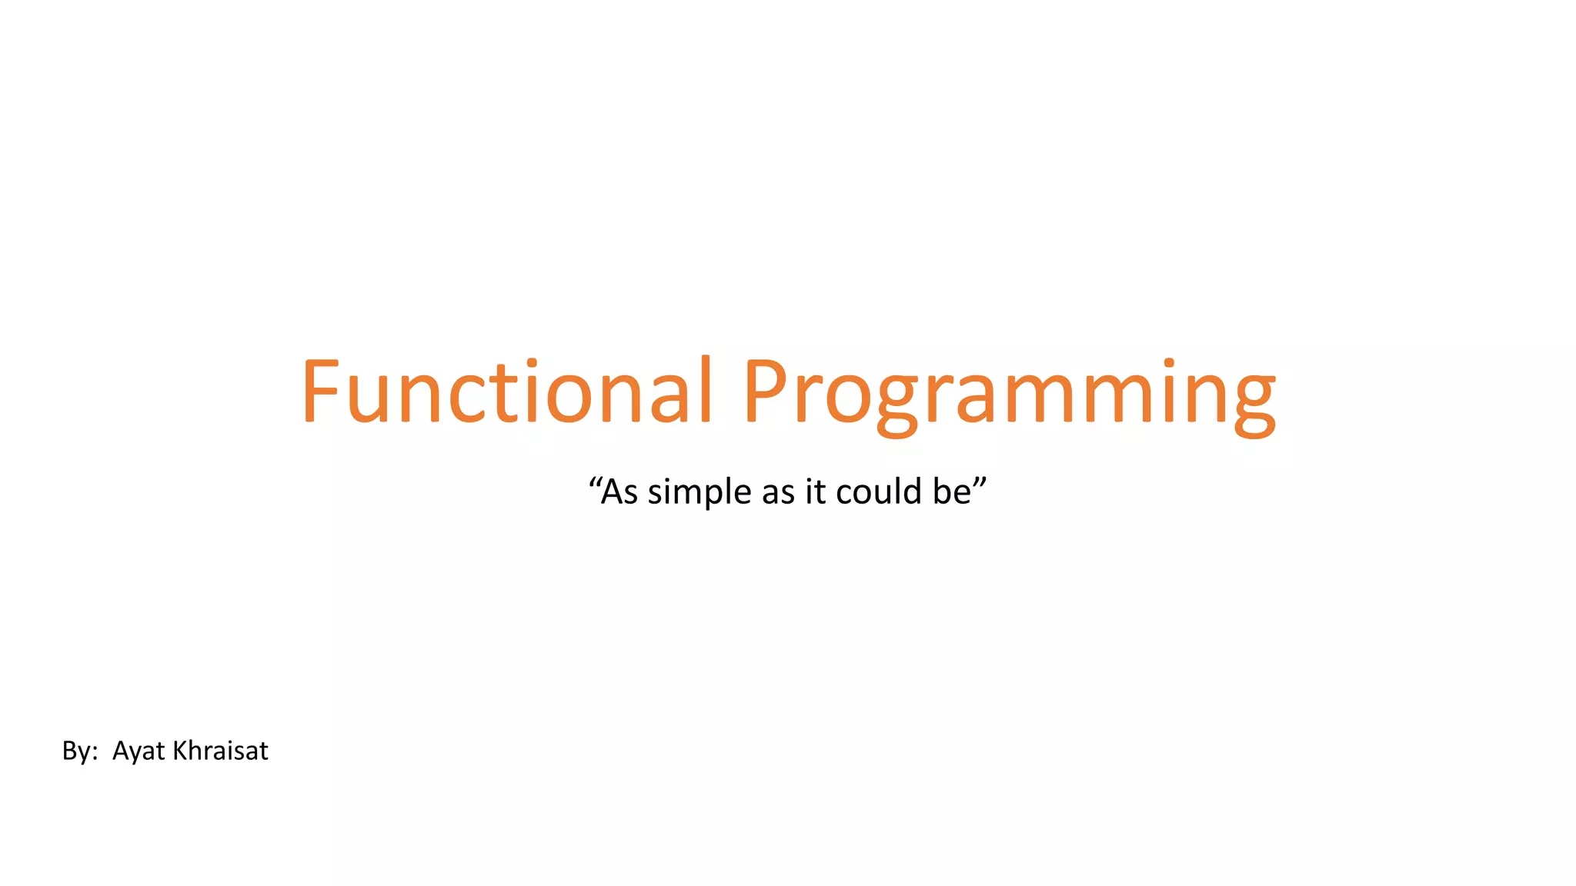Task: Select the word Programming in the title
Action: tap(1008, 394)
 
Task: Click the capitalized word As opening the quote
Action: tap(619, 492)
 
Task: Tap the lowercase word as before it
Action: tap(778, 494)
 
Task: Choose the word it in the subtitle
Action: tap(815, 492)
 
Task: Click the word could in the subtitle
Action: tap(879, 491)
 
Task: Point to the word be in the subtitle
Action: tap(952, 492)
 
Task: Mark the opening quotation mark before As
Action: tap(594, 482)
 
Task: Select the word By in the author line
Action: tap(75, 751)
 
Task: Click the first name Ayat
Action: tap(139, 751)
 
